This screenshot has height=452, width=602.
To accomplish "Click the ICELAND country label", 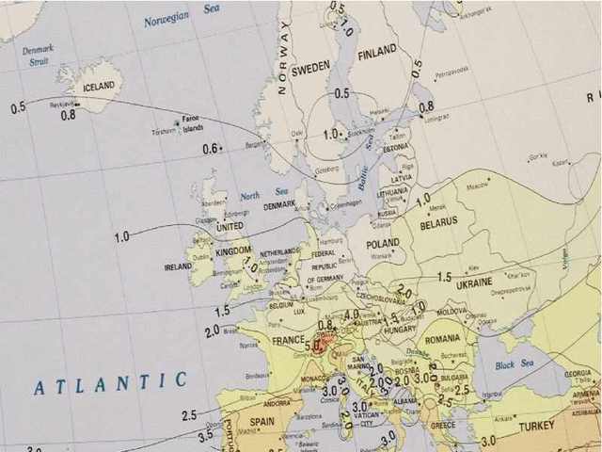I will pyautogui.click(x=98, y=86).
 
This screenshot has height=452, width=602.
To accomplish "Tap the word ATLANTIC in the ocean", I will pyautogui.click(x=110, y=383).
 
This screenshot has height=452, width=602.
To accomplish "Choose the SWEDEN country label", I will pyautogui.click(x=310, y=70).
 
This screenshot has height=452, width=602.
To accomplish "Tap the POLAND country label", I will pyautogui.click(x=384, y=243).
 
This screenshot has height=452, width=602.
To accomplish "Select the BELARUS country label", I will pyautogui.click(x=439, y=222).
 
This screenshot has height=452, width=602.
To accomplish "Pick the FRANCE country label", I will pyautogui.click(x=289, y=340).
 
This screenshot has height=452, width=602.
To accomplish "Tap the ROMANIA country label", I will pyautogui.click(x=442, y=338).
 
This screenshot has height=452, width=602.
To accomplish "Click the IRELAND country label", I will pyautogui.click(x=178, y=267).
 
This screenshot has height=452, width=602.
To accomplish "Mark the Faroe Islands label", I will pyautogui.click(x=192, y=123).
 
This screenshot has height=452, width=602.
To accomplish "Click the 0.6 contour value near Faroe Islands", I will pyautogui.click(x=211, y=149).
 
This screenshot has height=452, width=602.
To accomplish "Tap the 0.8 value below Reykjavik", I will pyautogui.click(x=69, y=115).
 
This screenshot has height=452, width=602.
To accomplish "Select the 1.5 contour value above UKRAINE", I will pyautogui.click(x=444, y=278).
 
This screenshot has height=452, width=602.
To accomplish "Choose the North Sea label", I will pyautogui.click(x=249, y=196).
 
